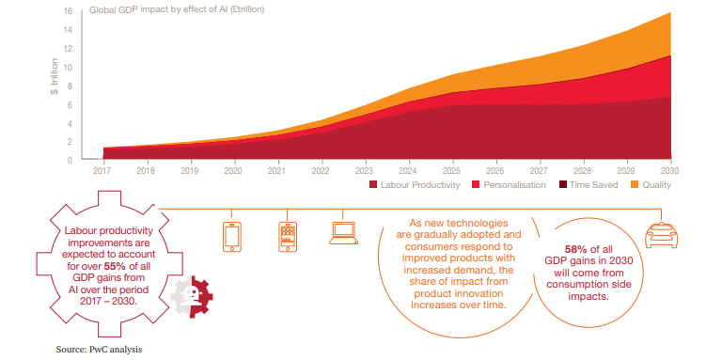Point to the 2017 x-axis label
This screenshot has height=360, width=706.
tap(102, 171)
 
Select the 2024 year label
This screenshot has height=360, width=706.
tap(408, 171)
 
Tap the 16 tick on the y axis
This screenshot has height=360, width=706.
tap(68, 10)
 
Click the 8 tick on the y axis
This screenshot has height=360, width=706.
tap(70, 86)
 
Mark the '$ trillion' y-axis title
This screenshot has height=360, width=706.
tap(55, 76)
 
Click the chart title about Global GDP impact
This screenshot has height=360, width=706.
tap(177, 9)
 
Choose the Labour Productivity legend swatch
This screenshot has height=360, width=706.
tap(373, 184)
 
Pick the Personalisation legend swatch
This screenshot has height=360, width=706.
tap(476, 184)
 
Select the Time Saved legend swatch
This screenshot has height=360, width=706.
tap(562, 184)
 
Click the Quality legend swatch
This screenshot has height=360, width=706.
tap(635, 184)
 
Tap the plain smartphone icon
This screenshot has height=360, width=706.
tap(232, 237)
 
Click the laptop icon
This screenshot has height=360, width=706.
tap(343, 233)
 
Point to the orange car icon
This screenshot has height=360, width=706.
tap(662, 235)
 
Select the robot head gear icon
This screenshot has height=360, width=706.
tap(192, 295)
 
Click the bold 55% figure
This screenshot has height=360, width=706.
tap(115, 266)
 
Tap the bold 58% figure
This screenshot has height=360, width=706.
tap(576, 249)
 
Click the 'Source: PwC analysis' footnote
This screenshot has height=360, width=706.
tap(99, 350)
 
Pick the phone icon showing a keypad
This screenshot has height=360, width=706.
tap(288, 237)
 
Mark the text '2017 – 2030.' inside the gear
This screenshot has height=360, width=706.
tap(108, 301)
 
